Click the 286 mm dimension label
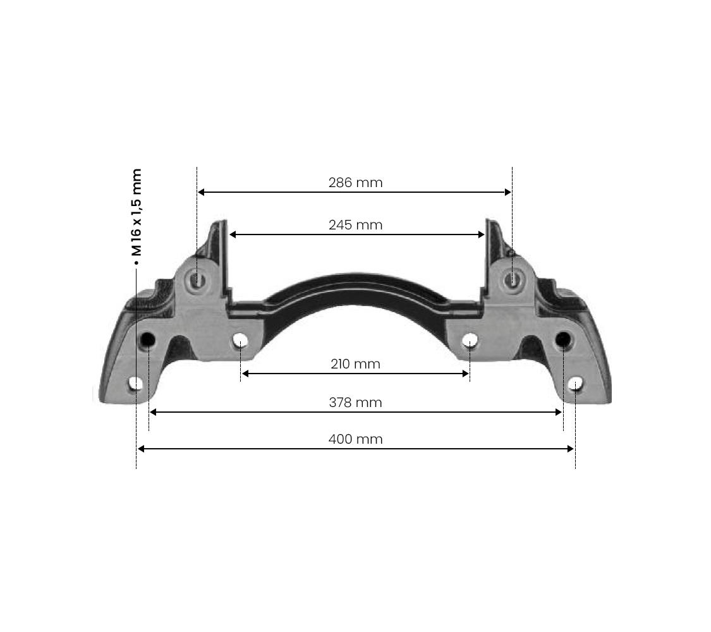[x=355, y=183]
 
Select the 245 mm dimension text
[x=355, y=225]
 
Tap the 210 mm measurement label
[x=355, y=364]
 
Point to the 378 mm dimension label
[x=355, y=403]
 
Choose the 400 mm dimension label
[x=355, y=439]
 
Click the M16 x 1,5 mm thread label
[x=137, y=212]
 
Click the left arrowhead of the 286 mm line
[x=201, y=192]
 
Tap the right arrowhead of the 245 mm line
[x=481, y=234]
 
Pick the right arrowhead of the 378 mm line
[x=558, y=412]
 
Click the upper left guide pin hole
[x=198, y=279]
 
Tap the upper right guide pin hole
[x=511, y=279]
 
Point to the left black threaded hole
[x=147, y=341]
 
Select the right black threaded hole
[x=562, y=341]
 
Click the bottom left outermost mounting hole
[x=136, y=384]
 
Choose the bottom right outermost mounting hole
[x=575, y=384]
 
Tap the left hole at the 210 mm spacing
[x=240, y=341]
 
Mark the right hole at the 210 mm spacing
[x=470, y=341]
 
